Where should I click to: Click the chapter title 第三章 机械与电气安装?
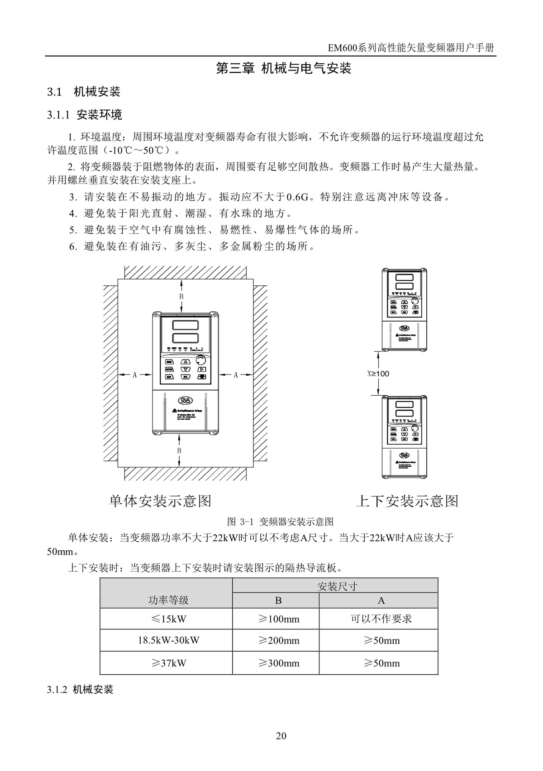click(284, 69)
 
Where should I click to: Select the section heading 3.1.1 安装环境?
click(85, 115)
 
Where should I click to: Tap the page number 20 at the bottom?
click(281, 736)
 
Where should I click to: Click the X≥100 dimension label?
click(378, 374)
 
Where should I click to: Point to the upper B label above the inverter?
click(181, 296)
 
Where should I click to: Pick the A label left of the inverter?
click(134, 375)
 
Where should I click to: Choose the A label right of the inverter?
click(235, 375)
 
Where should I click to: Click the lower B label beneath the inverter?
click(179, 451)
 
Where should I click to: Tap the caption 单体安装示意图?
click(160, 501)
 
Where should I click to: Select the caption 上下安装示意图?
click(407, 501)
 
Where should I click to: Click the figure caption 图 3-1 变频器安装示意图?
click(281, 522)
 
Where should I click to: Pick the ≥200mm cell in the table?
click(279, 641)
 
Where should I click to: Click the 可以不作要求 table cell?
click(381, 619)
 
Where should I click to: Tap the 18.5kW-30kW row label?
click(168, 640)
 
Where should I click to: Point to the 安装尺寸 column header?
click(337, 587)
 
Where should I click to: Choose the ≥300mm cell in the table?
click(279, 663)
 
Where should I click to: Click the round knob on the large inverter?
click(200, 361)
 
